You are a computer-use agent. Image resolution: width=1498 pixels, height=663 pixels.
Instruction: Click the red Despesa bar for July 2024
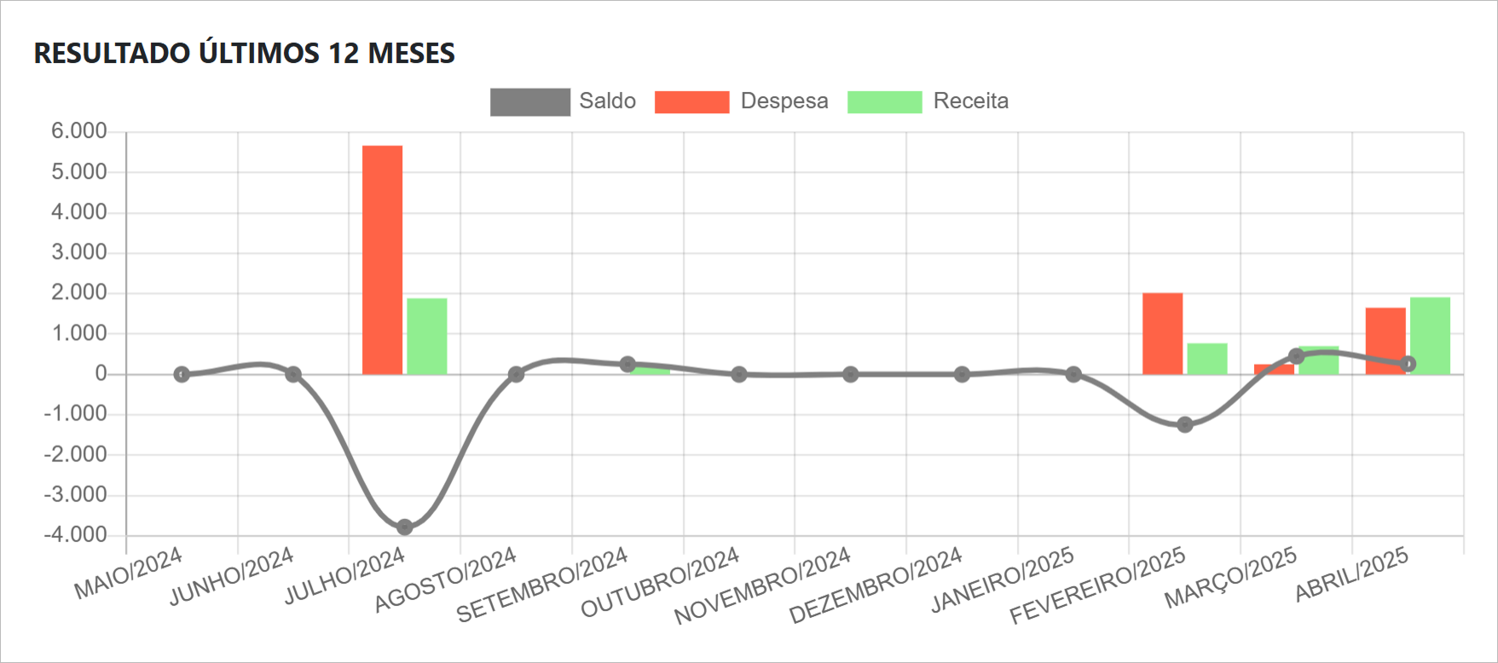tap(382, 260)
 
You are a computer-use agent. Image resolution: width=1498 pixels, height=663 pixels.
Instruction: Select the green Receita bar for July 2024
tap(426, 336)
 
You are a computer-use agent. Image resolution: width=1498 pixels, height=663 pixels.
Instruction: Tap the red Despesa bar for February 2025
tap(1162, 333)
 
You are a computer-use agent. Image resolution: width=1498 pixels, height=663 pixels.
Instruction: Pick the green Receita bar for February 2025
tap(1206, 359)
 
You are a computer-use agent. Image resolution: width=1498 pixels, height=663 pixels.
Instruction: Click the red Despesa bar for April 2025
tap(1385, 341)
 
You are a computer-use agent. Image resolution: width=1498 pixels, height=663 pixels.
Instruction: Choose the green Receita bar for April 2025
tap(1430, 336)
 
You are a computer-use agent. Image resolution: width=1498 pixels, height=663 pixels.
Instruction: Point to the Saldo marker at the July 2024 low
tap(405, 528)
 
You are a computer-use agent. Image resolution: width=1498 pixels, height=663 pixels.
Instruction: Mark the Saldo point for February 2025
tap(1185, 424)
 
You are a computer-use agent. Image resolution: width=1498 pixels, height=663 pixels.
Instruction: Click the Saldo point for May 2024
tap(182, 374)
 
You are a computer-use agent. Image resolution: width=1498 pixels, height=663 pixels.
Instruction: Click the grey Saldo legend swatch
tap(529, 102)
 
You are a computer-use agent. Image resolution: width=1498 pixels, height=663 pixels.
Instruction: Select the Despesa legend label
tap(784, 101)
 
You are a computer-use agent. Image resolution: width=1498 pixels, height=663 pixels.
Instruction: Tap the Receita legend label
tap(970, 101)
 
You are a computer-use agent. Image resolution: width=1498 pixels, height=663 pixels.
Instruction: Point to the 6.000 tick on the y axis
tap(78, 131)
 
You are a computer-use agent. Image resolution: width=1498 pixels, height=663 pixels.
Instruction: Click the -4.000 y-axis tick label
tap(76, 535)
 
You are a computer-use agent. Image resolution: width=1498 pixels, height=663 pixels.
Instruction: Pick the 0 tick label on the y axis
tap(101, 373)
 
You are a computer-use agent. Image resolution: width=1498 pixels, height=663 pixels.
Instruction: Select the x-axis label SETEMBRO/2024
tap(542, 585)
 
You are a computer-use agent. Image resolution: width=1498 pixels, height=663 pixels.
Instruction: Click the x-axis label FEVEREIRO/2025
tap(1098, 585)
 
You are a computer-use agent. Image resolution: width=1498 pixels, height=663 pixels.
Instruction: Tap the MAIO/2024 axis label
tap(129, 574)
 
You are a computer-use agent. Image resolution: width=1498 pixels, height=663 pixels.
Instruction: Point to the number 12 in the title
tap(343, 54)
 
